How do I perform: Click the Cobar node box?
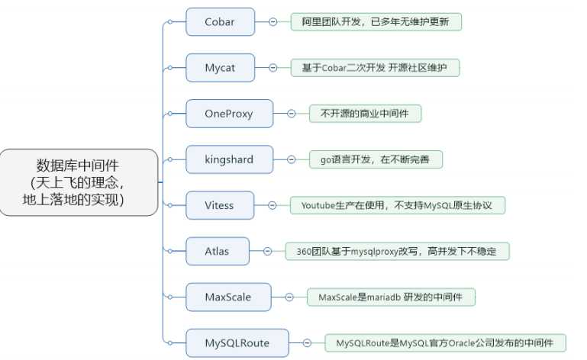click(220, 21)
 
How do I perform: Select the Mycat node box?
click(220, 68)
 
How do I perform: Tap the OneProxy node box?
click(229, 114)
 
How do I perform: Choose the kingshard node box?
click(229, 159)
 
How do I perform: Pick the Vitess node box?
click(220, 205)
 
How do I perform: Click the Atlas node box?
click(217, 251)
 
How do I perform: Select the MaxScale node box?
click(228, 297)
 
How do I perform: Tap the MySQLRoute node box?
click(237, 342)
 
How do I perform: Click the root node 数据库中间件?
click(79, 182)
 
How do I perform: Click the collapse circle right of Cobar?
click(273, 21)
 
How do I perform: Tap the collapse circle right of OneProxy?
click(292, 114)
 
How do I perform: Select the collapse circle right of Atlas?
click(267, 251)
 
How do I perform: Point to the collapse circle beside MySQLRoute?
click(307, 342)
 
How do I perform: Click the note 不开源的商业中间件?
click(365, 114)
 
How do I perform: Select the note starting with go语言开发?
click(376, 159)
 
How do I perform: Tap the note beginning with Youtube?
click(398, 205)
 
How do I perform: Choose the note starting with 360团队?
click(397, 251)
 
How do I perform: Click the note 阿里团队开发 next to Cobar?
click(376, 21)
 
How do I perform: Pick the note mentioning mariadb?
click(392, 297)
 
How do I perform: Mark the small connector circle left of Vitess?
click(170, 205)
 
